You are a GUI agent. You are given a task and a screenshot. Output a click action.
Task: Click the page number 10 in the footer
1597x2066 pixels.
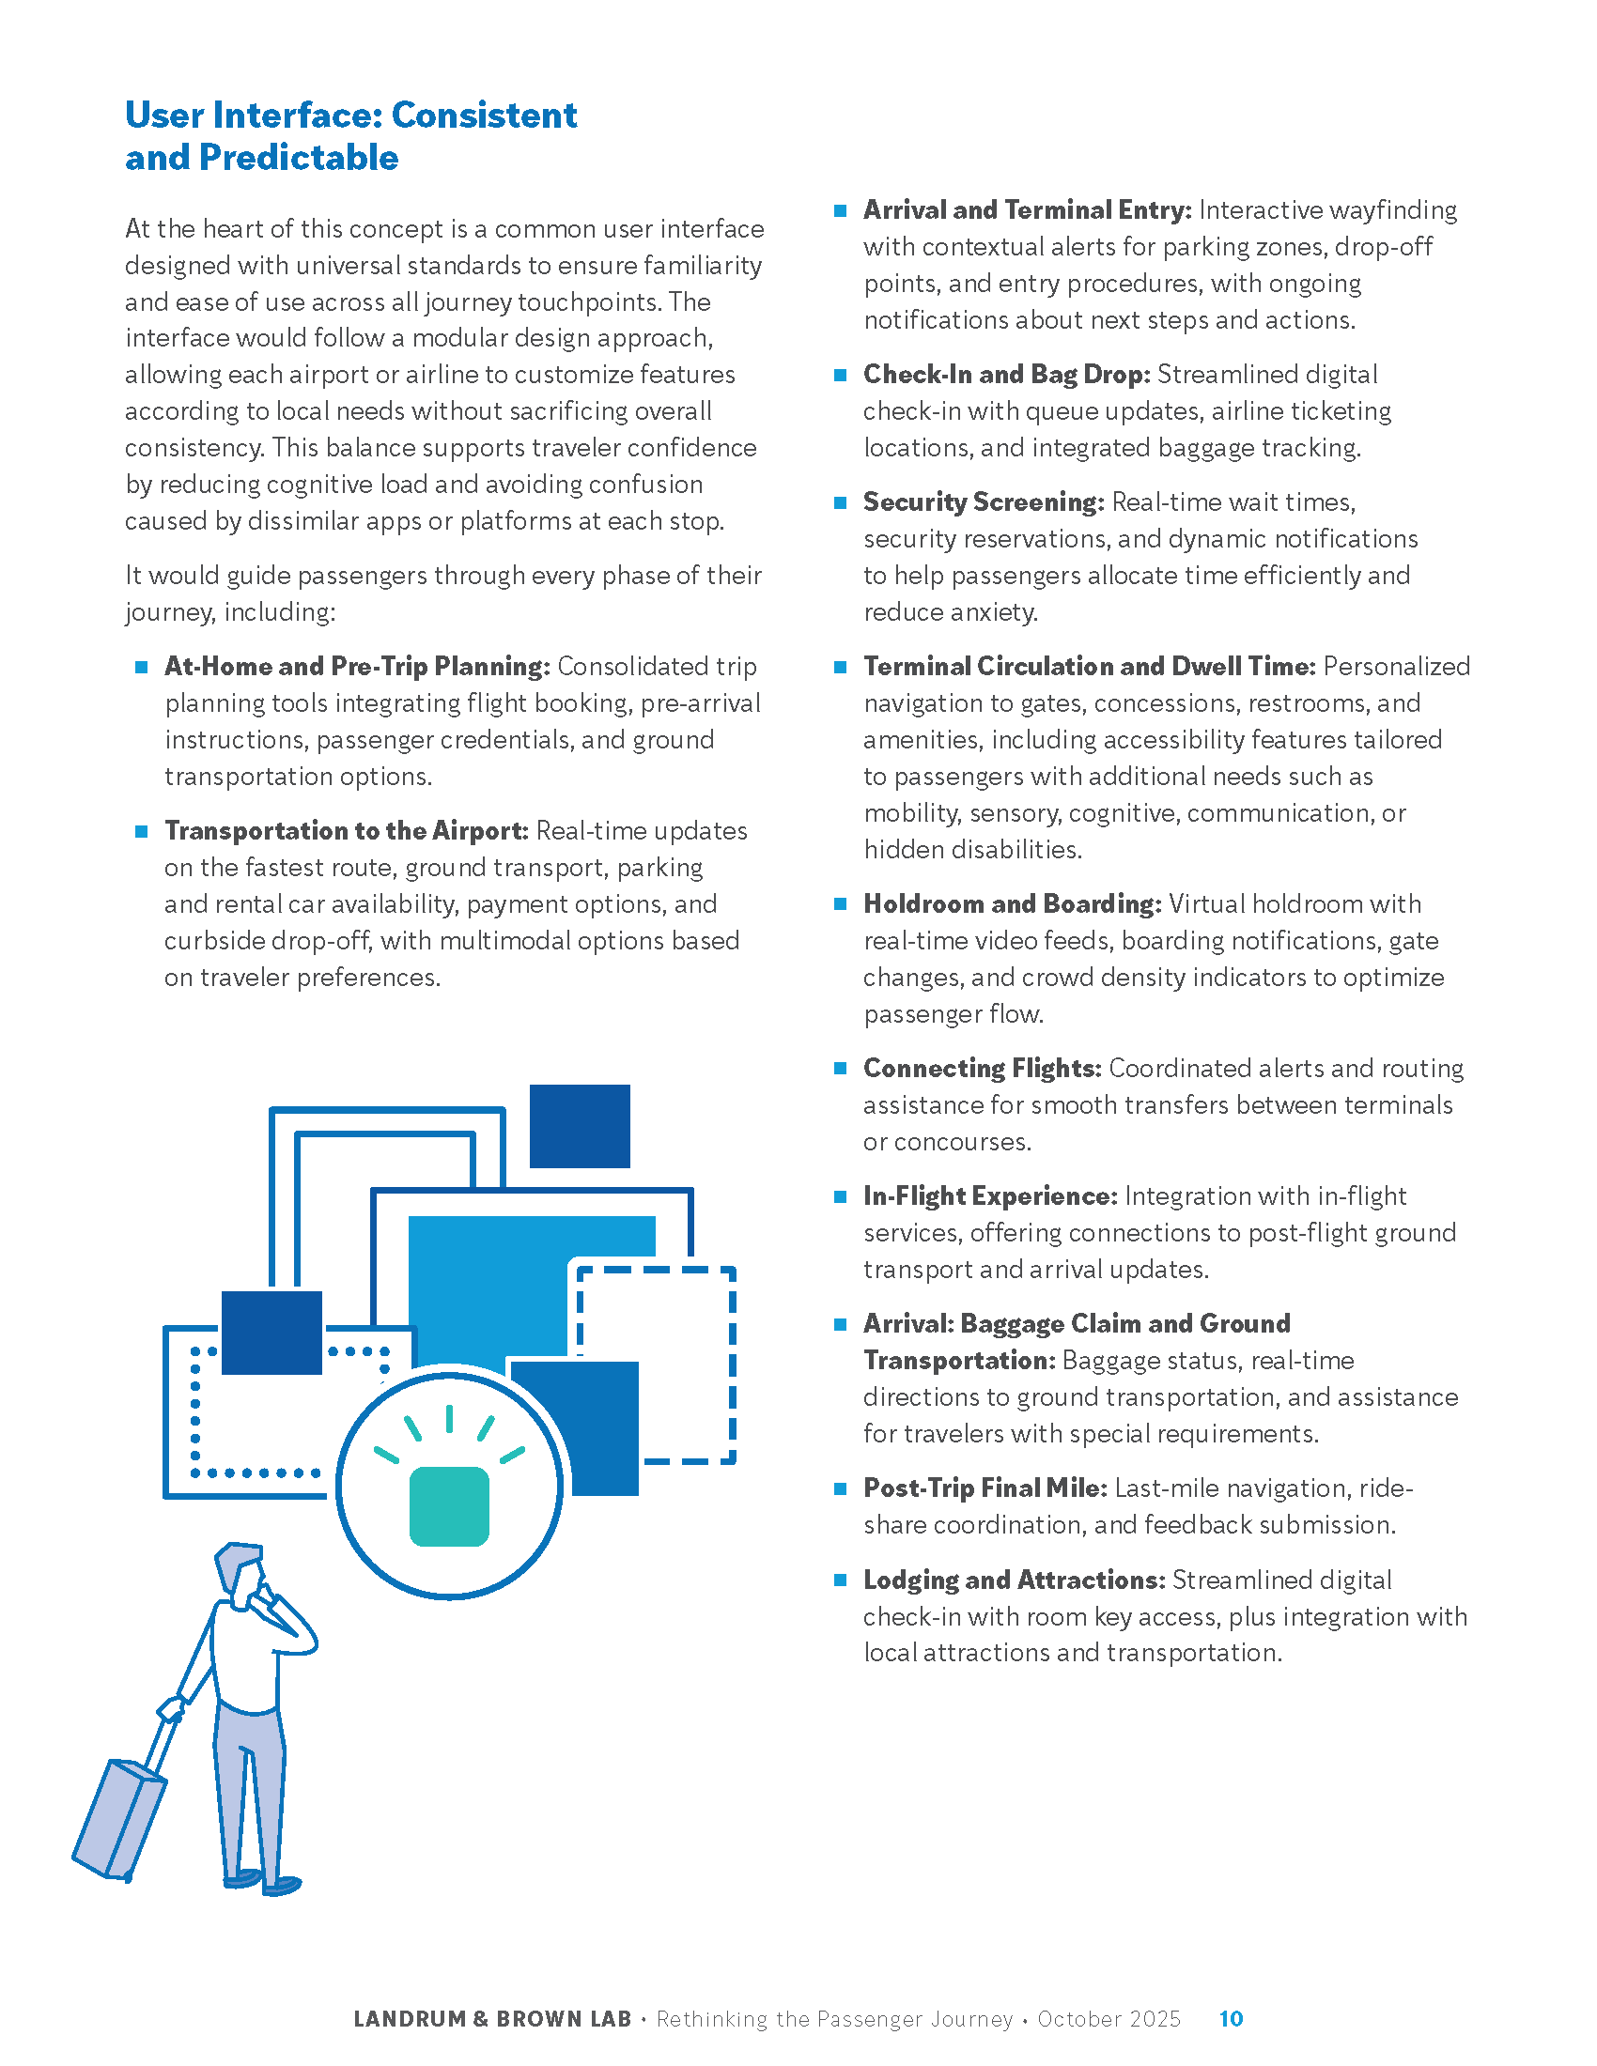tap(1230, 2019)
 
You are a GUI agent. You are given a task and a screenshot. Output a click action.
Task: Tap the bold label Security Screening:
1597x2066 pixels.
tap(983, 502)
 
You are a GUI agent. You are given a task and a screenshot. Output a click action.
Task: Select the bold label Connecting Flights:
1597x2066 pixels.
tap(982, 1069)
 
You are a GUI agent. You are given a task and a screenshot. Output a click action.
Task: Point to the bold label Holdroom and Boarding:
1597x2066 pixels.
tap(1013, 904)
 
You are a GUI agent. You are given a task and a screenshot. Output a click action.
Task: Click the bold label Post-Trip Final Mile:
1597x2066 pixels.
tap(985, 1489)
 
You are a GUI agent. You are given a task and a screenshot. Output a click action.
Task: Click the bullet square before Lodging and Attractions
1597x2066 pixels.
tap(840, 1580)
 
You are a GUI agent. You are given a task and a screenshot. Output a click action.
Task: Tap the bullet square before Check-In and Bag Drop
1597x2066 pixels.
tap(840, 376)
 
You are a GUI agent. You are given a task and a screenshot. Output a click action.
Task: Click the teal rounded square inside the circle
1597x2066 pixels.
tap(448, 1507)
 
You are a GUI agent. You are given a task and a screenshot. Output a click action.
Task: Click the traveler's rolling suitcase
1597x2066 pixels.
tap(118, 1818)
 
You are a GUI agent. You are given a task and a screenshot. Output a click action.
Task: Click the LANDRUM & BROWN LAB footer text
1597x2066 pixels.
tap(492, 2019)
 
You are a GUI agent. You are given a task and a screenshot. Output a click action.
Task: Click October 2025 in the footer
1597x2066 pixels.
tap(1109, 2019)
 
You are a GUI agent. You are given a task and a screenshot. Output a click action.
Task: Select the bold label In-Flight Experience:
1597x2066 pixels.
tap(990, 1196)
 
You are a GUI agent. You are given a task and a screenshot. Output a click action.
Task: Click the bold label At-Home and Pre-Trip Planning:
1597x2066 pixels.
tap(357, 667)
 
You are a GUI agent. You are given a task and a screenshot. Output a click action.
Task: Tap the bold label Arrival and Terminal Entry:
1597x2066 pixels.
tap(1028, 210)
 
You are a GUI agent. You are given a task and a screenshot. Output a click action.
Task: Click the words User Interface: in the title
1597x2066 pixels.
tap(254, 116)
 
